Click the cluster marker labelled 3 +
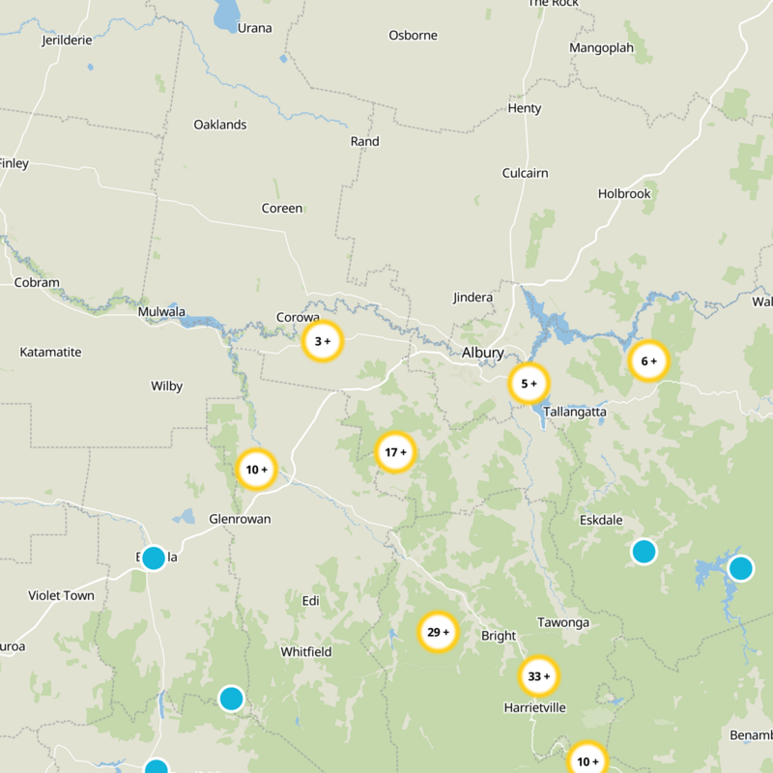323,341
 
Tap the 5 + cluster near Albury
529,384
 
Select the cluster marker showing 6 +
648,361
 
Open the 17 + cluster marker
395,452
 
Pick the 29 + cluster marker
438,633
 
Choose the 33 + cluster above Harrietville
539,676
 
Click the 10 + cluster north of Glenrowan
257,471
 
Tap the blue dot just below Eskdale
644,552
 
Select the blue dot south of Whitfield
231,698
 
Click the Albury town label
483,353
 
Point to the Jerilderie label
67,42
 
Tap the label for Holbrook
624,193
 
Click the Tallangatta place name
575,412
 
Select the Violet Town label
62,595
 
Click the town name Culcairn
525,173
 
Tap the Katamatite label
50,352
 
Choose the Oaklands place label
220,125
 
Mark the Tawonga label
563,622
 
